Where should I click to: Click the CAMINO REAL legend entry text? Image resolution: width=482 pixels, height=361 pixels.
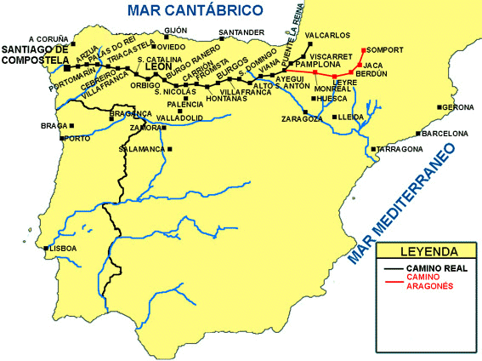[437, 268]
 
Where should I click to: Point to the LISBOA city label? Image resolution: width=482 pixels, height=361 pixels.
[64, 249]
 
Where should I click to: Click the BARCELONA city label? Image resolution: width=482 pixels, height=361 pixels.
[445, 134]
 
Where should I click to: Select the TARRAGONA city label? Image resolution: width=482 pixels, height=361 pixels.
[400, 149]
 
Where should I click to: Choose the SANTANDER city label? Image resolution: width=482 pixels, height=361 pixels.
[235, 33]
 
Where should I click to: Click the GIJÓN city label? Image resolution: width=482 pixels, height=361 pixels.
[175, 30]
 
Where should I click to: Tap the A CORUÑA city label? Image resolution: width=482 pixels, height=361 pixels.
[47, 38]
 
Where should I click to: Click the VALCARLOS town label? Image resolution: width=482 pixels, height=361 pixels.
[326, 35]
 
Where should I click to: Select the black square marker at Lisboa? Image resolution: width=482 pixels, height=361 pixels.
[45, 249]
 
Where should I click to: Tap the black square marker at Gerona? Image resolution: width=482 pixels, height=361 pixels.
[439, 107]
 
